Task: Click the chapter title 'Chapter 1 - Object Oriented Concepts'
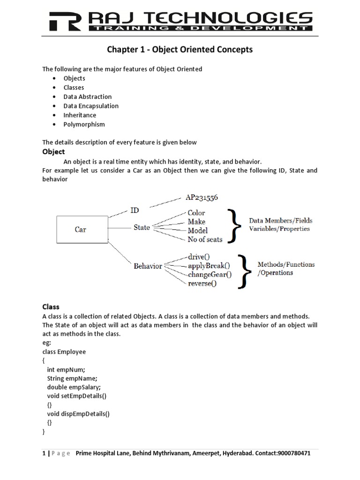180,50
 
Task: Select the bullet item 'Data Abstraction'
88,97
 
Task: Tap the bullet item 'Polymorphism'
84,124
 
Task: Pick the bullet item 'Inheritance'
80,115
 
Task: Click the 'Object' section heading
53,152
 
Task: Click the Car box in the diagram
80,230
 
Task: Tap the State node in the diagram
142,227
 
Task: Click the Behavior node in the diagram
148,266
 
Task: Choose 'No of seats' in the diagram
205,239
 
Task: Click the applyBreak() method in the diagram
209,266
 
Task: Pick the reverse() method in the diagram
202,283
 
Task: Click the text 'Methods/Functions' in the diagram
286,264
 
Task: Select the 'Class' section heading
51,307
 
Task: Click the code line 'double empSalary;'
74,387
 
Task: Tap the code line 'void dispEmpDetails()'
78,414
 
